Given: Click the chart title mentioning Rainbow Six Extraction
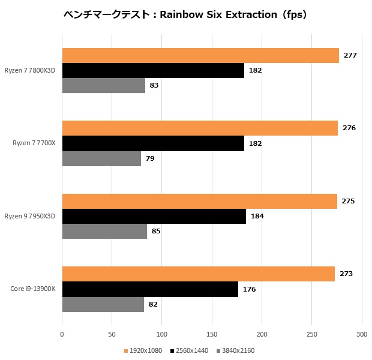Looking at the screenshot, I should pyautogui.click(x=185, y=15).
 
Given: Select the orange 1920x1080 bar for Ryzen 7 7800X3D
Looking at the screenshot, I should pyautogui.click(x=200, y=56).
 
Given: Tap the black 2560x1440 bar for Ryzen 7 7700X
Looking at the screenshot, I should pyautogui.click(x=153, y=143).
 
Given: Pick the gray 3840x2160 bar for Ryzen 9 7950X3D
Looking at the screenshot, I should pyautogui.click(x=104, y=231).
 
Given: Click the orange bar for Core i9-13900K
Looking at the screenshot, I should pyautogui.click(x=198, y=274).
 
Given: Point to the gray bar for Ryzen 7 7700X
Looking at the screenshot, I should pyautogui.click(x=101, y=158).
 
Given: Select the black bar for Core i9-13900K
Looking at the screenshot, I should pyautogui.click(x=150, y=289).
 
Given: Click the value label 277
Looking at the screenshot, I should pyautogui.click(x=350, y=56).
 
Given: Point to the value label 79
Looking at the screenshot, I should pyautogui.click(x=150, y=158).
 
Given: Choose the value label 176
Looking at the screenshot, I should pyautogui.click(x=249, y=289).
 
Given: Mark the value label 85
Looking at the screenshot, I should pyautogui.click(x=155, y=231).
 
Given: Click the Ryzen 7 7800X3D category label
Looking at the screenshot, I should pyautogui.click(x=30, y=71).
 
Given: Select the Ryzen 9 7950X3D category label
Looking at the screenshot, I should pyautogui.click(x=30, y=216).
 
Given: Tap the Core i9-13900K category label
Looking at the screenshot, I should pyautogui.click(x=32, y=289).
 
